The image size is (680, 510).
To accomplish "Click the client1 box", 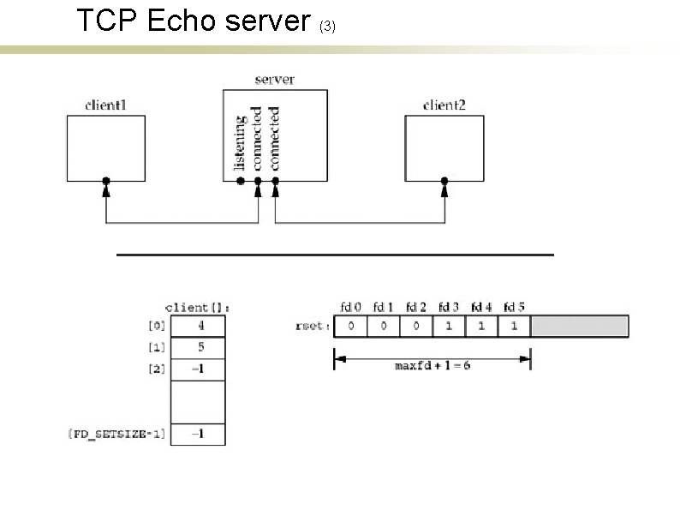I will point(105,147).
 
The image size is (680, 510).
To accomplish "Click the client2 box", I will point(444,147).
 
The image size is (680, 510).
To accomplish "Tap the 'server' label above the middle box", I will point(274,80).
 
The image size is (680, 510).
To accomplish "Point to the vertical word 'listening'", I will point(242,138).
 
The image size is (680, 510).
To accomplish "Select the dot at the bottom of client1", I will point(105,182).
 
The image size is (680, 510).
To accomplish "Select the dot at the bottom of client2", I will point(444,182).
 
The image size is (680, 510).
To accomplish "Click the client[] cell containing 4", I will point(199,326).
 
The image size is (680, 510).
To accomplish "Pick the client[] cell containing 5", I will point(199,348).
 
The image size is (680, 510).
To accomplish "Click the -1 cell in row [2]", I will point(199,370).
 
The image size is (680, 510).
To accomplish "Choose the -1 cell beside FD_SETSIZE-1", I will point(199,434).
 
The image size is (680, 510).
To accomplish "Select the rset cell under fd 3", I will point(448,327).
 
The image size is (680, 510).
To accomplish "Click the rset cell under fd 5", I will point(514,327).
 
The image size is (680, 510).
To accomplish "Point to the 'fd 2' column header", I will point(415,306).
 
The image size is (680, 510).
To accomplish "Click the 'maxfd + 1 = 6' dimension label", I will point(432,366).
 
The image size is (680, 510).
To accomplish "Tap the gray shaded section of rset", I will point(579,327).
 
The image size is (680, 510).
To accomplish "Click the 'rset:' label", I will point(310,327).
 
